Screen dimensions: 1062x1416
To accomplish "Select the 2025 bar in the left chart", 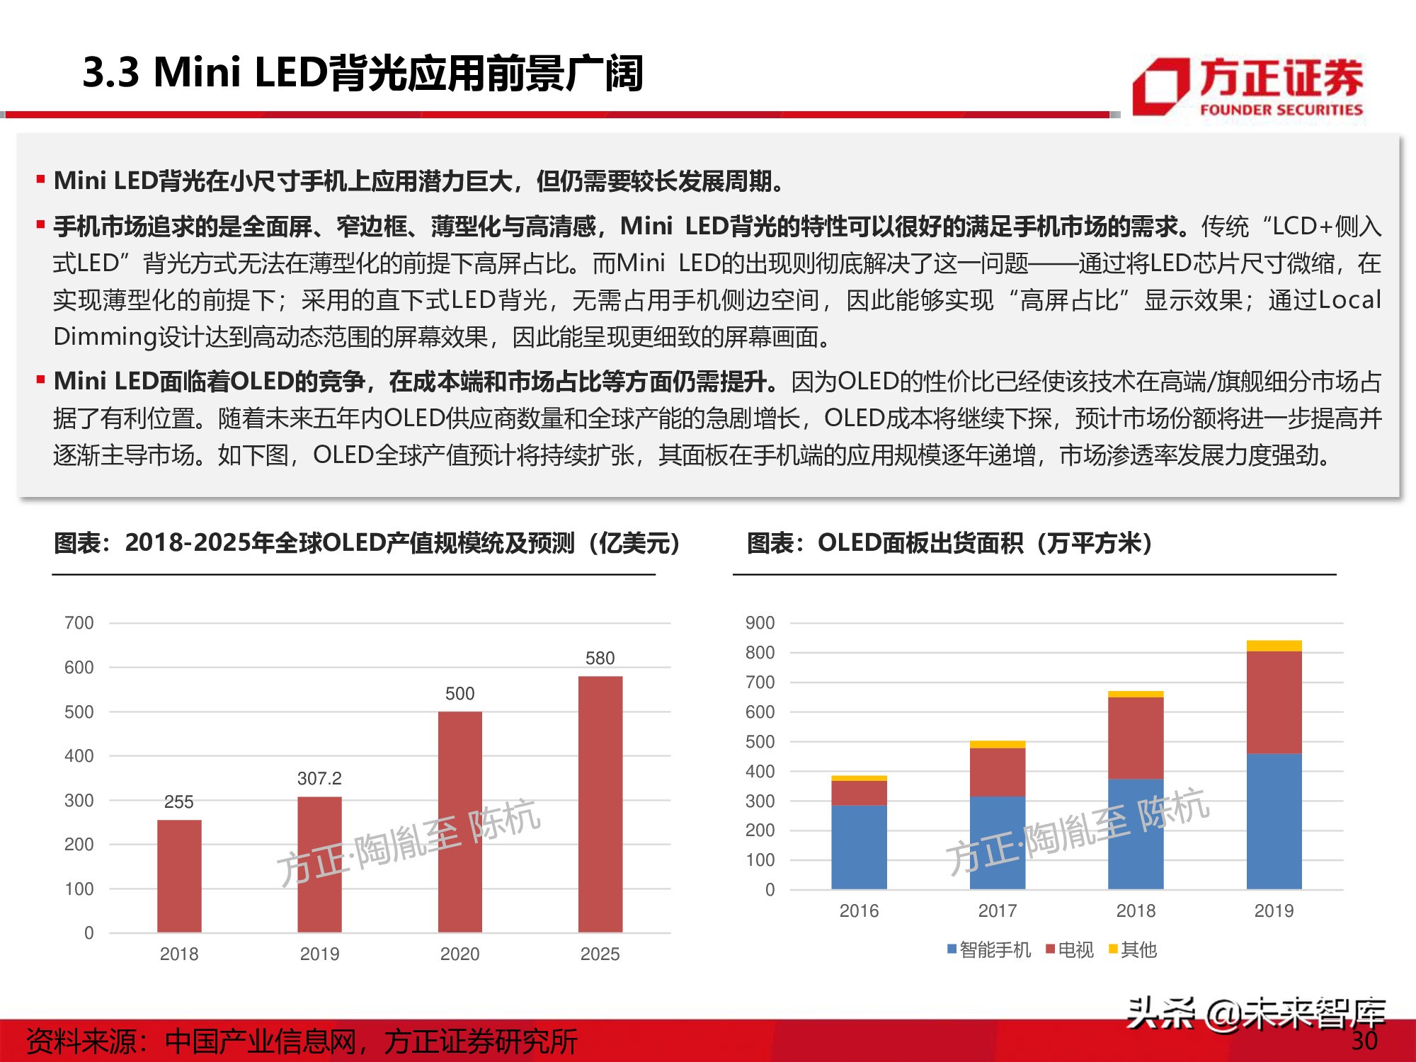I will coord(600,804).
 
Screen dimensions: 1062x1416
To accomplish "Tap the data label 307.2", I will coord(319,779).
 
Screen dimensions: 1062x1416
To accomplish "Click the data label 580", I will coord(600,658).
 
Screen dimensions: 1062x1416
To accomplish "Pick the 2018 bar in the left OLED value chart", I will coord(179,876).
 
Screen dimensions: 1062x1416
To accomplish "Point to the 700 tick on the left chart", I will coord(79,623).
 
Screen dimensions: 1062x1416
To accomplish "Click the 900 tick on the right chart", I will coord(760,623).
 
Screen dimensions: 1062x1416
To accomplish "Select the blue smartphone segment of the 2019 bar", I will coord(1274,821).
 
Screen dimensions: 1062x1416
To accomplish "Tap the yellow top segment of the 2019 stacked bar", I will coord(1274,646).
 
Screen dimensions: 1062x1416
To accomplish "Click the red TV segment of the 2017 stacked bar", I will coord(997,772).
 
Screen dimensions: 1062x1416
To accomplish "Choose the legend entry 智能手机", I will coord(989,949).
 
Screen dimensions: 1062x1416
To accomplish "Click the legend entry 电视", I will coord(1070,949).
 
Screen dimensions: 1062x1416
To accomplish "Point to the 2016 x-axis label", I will coord(859,910).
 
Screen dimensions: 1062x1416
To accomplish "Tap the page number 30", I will coord(1364,1040).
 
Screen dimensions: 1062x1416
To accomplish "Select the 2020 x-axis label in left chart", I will coord(459,954).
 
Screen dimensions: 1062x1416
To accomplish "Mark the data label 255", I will coord(178,802).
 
